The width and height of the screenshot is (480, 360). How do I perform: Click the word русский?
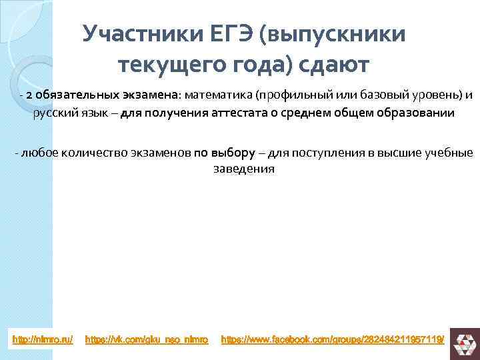click(x=52, y=113)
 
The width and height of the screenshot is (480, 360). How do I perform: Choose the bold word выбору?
click(x=233, y=153)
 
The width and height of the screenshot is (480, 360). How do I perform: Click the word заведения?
click(x=243, y=169)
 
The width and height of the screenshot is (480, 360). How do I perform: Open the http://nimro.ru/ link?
click(x=43, y=340)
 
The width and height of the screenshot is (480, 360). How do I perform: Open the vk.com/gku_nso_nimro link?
click(x=147, y=340)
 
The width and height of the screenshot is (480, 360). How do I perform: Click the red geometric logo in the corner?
click(x=463, y=341)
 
